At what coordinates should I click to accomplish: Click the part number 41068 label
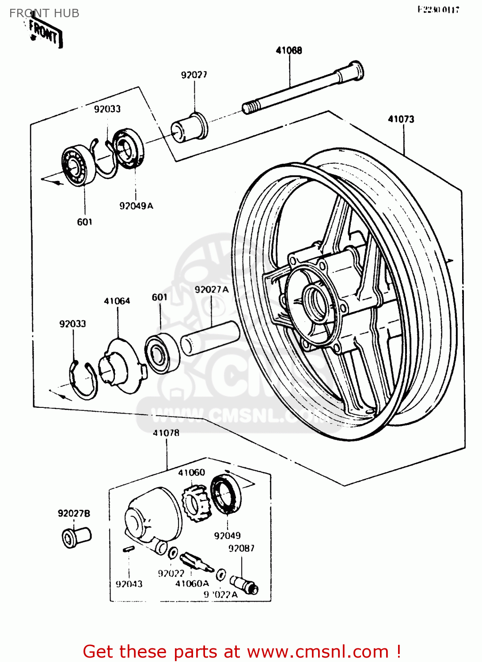289,50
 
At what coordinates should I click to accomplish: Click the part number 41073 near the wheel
401,119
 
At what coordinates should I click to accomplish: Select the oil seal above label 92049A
128,148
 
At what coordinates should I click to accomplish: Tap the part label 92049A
136,206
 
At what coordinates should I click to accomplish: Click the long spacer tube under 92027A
210,338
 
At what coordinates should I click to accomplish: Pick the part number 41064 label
117,301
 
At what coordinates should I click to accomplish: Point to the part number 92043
129,584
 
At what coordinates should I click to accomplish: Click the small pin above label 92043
128,549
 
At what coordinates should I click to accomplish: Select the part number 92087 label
241,548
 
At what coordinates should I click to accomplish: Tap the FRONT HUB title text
44,13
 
